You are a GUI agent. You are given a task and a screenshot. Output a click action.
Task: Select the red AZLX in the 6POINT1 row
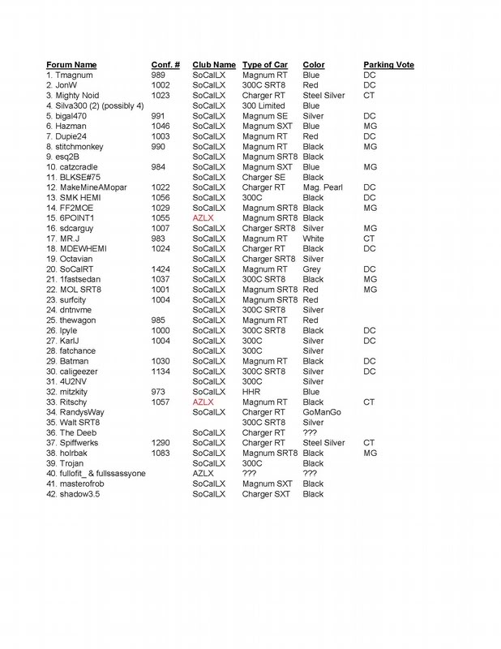pos(203,218)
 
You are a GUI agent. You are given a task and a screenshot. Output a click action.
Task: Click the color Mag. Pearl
pos(321,187)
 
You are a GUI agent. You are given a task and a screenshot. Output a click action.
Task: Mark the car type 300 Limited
pos(264,105)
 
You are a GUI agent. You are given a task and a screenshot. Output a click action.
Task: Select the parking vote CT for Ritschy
pos(369,402)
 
